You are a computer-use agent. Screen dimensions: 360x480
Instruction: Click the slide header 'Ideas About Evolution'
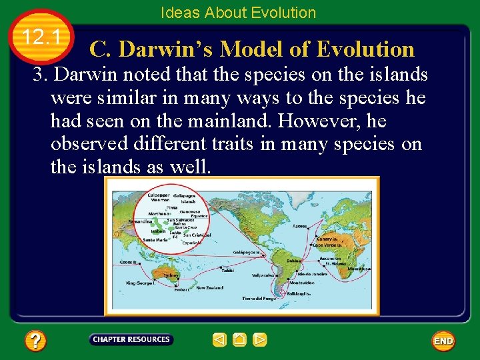tap(238, 12)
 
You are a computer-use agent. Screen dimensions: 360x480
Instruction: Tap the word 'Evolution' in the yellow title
tap(365, 49)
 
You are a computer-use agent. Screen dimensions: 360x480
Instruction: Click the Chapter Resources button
tap(131, 339)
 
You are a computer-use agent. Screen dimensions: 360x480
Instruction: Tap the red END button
tap(443, 341)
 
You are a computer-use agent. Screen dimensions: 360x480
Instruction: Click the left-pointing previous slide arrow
tap(219, 340)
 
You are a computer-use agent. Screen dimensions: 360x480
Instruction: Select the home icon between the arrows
tap(239, 340)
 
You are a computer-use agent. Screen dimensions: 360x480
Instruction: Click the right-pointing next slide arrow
tap(260, 340)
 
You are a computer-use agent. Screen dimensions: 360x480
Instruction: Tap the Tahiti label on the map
tap(228, 270)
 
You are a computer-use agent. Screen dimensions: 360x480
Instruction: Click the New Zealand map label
tap(210, 288)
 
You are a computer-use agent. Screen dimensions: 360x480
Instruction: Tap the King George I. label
tap(141, 283)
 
